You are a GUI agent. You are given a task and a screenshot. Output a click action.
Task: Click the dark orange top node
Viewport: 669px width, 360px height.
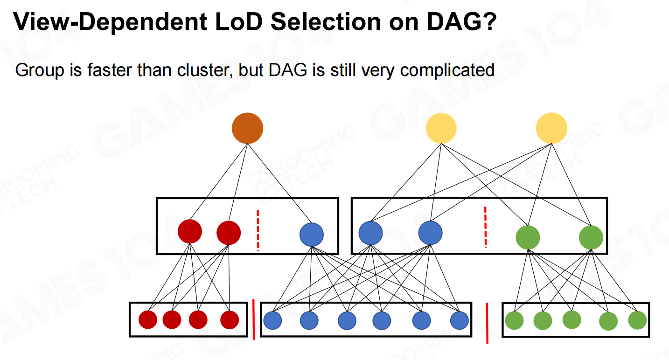coord(247,128)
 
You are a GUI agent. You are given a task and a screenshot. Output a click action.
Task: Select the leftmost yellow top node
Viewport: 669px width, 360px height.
coord(441,128)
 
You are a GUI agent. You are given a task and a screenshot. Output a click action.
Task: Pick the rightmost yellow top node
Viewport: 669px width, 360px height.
coord(551,128)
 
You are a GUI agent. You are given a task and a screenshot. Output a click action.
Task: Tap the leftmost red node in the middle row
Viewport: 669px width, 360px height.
coord(190,231)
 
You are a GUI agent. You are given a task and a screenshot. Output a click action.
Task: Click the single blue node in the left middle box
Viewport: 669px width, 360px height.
coord(312,235)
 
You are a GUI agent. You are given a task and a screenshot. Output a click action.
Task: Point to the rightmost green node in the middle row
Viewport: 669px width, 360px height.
coord(591,237)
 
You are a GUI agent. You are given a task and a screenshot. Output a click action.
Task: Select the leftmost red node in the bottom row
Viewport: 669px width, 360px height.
coord(148,320)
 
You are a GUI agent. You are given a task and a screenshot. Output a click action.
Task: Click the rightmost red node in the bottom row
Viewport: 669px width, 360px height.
coord(230,320)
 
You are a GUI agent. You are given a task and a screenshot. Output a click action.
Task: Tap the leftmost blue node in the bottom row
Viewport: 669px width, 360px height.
coord(272,321)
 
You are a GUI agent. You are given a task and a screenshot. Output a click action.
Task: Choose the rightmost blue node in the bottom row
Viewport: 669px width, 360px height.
coord(460,321)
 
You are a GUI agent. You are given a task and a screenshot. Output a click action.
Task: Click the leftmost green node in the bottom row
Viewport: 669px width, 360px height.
coord(514,321)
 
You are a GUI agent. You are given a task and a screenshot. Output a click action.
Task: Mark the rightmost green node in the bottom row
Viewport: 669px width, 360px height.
coord(637,320)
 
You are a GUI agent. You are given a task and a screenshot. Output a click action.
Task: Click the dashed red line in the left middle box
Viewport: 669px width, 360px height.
coord(258,230)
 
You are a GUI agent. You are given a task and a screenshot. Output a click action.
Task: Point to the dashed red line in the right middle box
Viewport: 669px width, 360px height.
coord(485,227)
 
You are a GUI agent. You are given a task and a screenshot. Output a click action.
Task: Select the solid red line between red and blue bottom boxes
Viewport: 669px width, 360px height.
coord(254,319)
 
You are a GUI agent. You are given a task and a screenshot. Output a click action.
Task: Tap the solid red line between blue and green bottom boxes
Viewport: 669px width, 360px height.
coord(487,323)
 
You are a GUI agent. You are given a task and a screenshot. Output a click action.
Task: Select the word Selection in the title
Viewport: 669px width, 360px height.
coord(326,21)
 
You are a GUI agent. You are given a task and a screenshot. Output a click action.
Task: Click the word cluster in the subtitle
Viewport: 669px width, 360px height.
coord(205,70)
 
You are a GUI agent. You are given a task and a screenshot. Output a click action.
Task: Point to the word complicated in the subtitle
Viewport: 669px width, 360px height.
coord(447,71)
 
